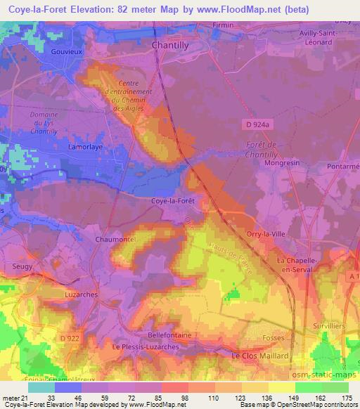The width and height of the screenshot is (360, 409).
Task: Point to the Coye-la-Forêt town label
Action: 172,201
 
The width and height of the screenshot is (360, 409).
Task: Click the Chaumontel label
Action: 115,240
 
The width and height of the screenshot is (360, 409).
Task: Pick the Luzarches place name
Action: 80,295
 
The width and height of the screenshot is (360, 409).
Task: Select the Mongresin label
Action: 281,163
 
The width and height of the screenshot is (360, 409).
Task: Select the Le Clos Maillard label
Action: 260,356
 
